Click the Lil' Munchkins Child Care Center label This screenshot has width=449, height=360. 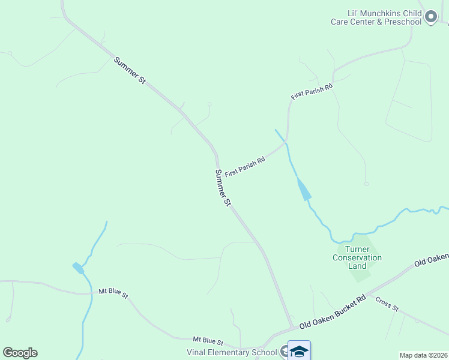click(x=376, y=17)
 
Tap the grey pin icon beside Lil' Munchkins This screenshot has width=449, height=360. click(x=430, y=17)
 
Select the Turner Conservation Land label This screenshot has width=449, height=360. click(x=357, y=258)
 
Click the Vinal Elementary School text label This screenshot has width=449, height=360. click(x=231, y=352)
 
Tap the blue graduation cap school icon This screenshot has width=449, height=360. click(x=299, y=350)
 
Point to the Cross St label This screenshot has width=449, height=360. click(x=387, y=304)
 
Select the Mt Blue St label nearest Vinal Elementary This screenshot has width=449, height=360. click(x=208, y=341)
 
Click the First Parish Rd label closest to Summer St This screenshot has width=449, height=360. click(x=245, y=166)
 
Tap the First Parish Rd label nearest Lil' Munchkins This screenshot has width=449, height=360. click(x=312, y=92)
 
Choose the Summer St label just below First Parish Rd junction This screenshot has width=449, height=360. click(x=223, y=187)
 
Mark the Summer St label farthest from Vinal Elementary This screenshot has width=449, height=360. click(x=130, y=70)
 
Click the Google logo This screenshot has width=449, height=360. click(x=20, y=353)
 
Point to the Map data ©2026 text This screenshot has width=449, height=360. click(x=423, y=355)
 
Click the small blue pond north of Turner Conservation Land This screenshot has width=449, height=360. click(x=304, y=190)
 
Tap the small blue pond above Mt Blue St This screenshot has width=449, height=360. click(x=78, y=268)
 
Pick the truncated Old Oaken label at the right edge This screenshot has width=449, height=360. click(x=432, y=259)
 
